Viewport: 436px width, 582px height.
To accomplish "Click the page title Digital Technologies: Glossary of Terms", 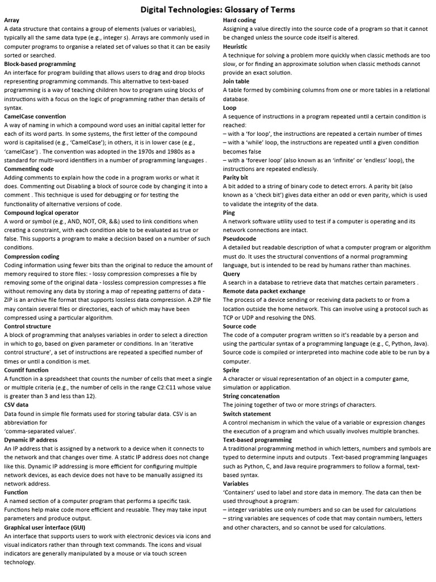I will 217,10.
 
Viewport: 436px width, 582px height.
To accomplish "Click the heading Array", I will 11,20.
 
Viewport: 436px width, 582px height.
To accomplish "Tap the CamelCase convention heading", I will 35,117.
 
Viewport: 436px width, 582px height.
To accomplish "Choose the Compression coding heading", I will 31,256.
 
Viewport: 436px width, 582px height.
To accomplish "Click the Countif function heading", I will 26,370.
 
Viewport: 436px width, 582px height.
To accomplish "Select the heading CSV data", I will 16,405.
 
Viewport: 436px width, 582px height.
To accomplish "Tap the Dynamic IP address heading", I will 31,440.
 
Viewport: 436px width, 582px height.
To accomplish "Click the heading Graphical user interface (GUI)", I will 49,527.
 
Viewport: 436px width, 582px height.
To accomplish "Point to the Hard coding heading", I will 240,20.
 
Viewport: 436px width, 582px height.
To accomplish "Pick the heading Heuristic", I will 235,47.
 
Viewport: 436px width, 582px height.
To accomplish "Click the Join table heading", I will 236,81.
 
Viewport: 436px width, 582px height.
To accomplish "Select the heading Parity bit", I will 236,177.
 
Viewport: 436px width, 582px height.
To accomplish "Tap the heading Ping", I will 229,213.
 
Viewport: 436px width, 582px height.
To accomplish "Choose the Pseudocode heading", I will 239,239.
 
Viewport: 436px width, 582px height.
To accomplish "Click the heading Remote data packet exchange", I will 264,291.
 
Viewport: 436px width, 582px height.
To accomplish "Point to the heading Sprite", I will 231,370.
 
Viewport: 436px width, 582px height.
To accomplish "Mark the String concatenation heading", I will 251,396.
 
